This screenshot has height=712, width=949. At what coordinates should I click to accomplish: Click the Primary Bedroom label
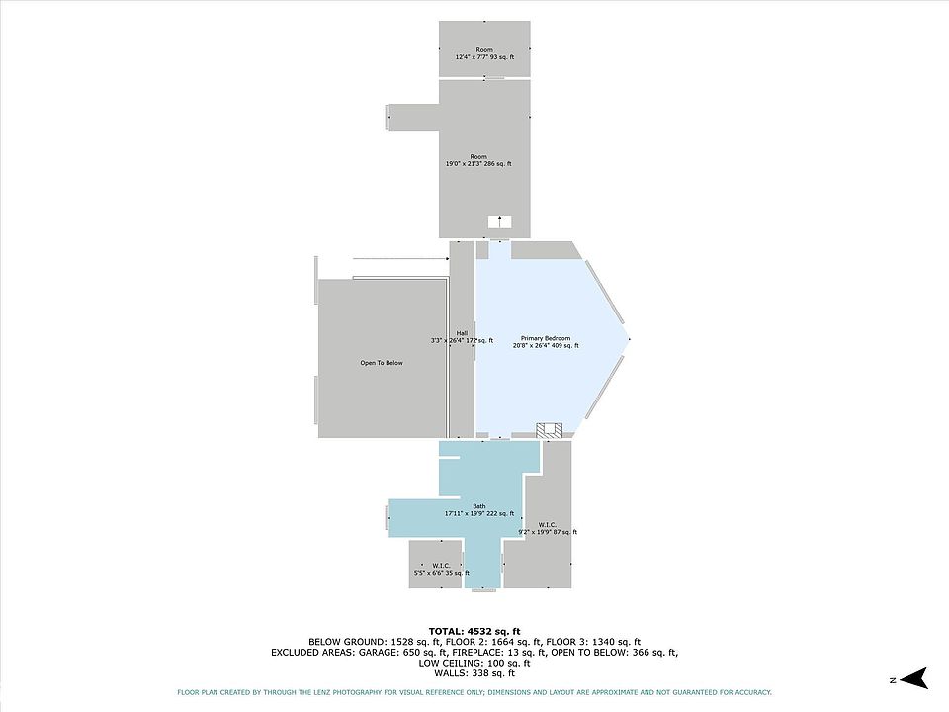pyautogui.click(x=546, y=342)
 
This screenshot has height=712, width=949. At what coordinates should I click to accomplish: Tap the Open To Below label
pyautogui.click(x=382, y=363)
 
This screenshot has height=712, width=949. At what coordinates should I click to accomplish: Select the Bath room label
pyautogui.click(x=479, y=510)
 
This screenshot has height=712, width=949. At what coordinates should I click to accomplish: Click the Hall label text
pyautogui.click(x=462, y=336)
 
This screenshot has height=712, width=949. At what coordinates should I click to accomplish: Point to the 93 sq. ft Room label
pyautogui.click(x=484, y=53)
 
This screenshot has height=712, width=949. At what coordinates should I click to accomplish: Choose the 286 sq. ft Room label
pyautogui.click(x=478, y=160)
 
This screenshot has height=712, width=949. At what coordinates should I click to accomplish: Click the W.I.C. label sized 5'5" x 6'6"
pyautogui.click(x=441, y=570)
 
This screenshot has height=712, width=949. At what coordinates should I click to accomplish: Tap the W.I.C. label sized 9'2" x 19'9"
pyautogui.click(x=548, y=528)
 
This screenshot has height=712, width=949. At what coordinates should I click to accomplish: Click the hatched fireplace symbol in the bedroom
pyautogui.click(x=549, y=430)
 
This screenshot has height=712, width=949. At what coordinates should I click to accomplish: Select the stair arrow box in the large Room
pyautogui.click(x=500, y=222)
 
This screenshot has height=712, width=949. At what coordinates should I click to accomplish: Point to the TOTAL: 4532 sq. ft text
pyautogui.click(x=474, y=632)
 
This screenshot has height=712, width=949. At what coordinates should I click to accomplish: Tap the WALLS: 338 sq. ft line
pyautogui.click(x=474, y=672)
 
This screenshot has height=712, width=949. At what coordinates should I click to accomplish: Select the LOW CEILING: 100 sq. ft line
pyautogui.click(x=474, y=663)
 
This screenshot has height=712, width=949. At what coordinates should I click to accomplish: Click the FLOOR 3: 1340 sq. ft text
pyautogui.click(x=593, y=642)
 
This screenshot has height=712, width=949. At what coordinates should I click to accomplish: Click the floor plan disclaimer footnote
pyautogui.click(x=474, y=692)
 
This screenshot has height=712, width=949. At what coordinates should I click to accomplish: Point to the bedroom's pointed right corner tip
pyautogui.click(x=630, y=339)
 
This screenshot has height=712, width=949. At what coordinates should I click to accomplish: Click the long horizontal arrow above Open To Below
pyautogui.click(x=400, y=258)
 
